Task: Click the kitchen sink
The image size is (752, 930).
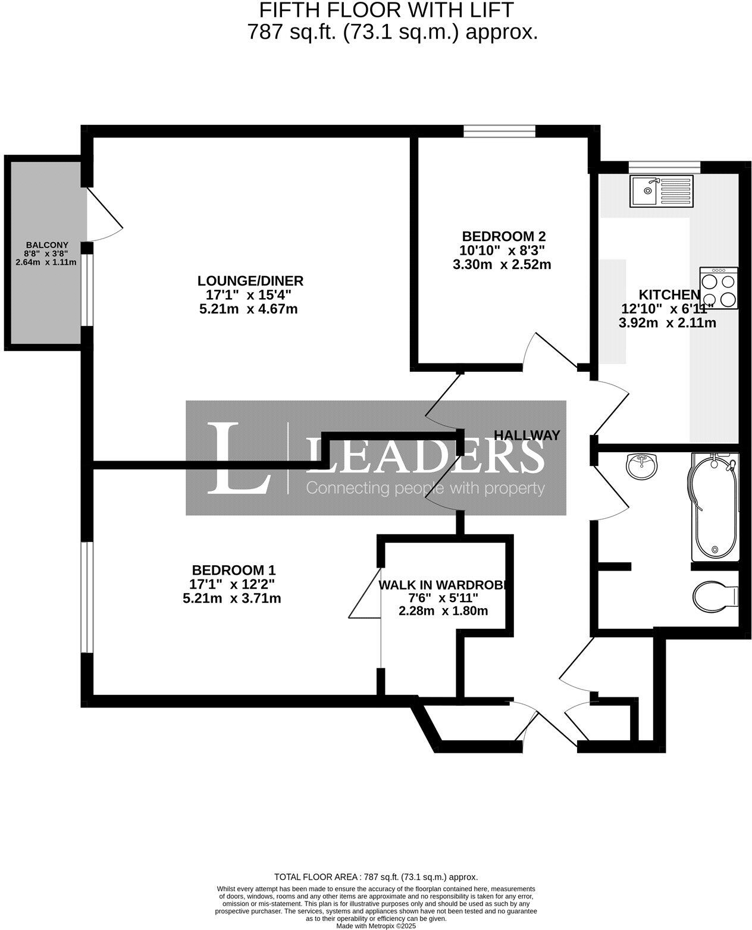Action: (661, 190)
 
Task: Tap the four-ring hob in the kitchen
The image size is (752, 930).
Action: (719, 288)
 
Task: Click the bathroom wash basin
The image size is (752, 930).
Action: (642, 465)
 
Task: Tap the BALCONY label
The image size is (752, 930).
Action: (47, 245)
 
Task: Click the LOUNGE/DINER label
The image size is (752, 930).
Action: (250, 280)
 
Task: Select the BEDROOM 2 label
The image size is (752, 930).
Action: (503, 236)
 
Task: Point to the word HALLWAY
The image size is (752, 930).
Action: (527, 435)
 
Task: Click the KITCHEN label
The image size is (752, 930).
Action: (669, 295)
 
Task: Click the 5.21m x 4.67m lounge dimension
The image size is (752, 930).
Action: (249, 309)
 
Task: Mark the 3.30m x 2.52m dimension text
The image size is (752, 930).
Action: (502, 264)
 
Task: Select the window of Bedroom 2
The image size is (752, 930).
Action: (499, 131)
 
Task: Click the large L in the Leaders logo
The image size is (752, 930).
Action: (238, 458)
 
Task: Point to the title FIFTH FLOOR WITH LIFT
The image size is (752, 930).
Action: (386, 10)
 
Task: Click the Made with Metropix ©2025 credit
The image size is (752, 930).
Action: (376, 926)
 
